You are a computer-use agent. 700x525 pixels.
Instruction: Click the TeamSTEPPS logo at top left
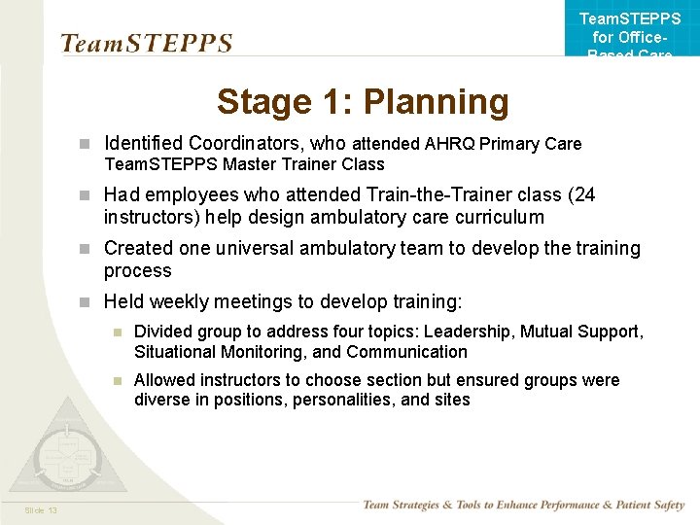click(x=147, y=44)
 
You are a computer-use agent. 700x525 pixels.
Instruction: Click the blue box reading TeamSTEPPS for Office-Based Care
click(x=630, y=29)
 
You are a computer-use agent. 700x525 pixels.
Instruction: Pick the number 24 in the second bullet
click(x=585, y=194)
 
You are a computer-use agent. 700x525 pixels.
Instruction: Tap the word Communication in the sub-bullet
click(x=406, y=352)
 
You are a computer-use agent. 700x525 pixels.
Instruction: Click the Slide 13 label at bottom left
click(x=41, y=511)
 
